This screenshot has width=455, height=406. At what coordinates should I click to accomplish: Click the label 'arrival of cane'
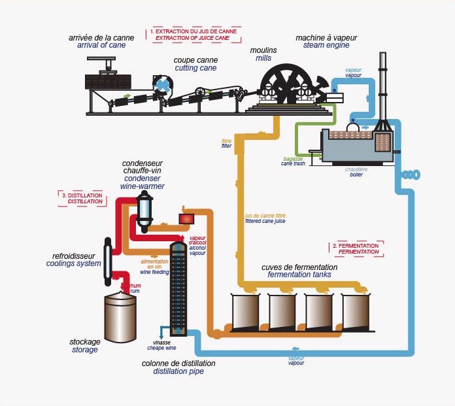pos(101,46)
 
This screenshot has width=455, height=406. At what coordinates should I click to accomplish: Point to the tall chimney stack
pos(380,85)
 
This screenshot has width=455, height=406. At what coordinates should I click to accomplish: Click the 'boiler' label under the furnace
pos(356,175)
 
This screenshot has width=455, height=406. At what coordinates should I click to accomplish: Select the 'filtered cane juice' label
pos(268,222)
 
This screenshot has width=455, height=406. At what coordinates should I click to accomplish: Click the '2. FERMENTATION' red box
pos(355,248)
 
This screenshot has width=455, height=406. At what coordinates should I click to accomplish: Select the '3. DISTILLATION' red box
pos(82,198)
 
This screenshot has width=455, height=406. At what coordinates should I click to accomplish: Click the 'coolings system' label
pos(73,263)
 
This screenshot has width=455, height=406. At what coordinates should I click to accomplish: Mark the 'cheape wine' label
pos(161,347)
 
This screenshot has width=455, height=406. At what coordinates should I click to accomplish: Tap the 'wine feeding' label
pos(155,272)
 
